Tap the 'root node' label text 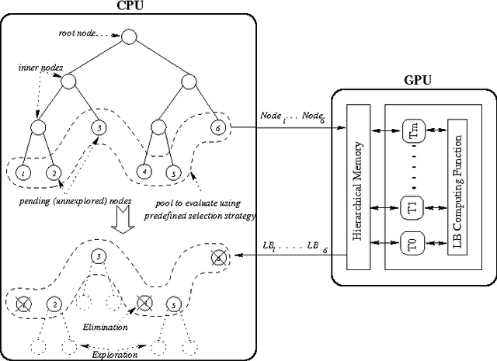point(78,34)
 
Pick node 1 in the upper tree point(24,172)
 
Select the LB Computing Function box point(457,186)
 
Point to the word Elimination point(106,327)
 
